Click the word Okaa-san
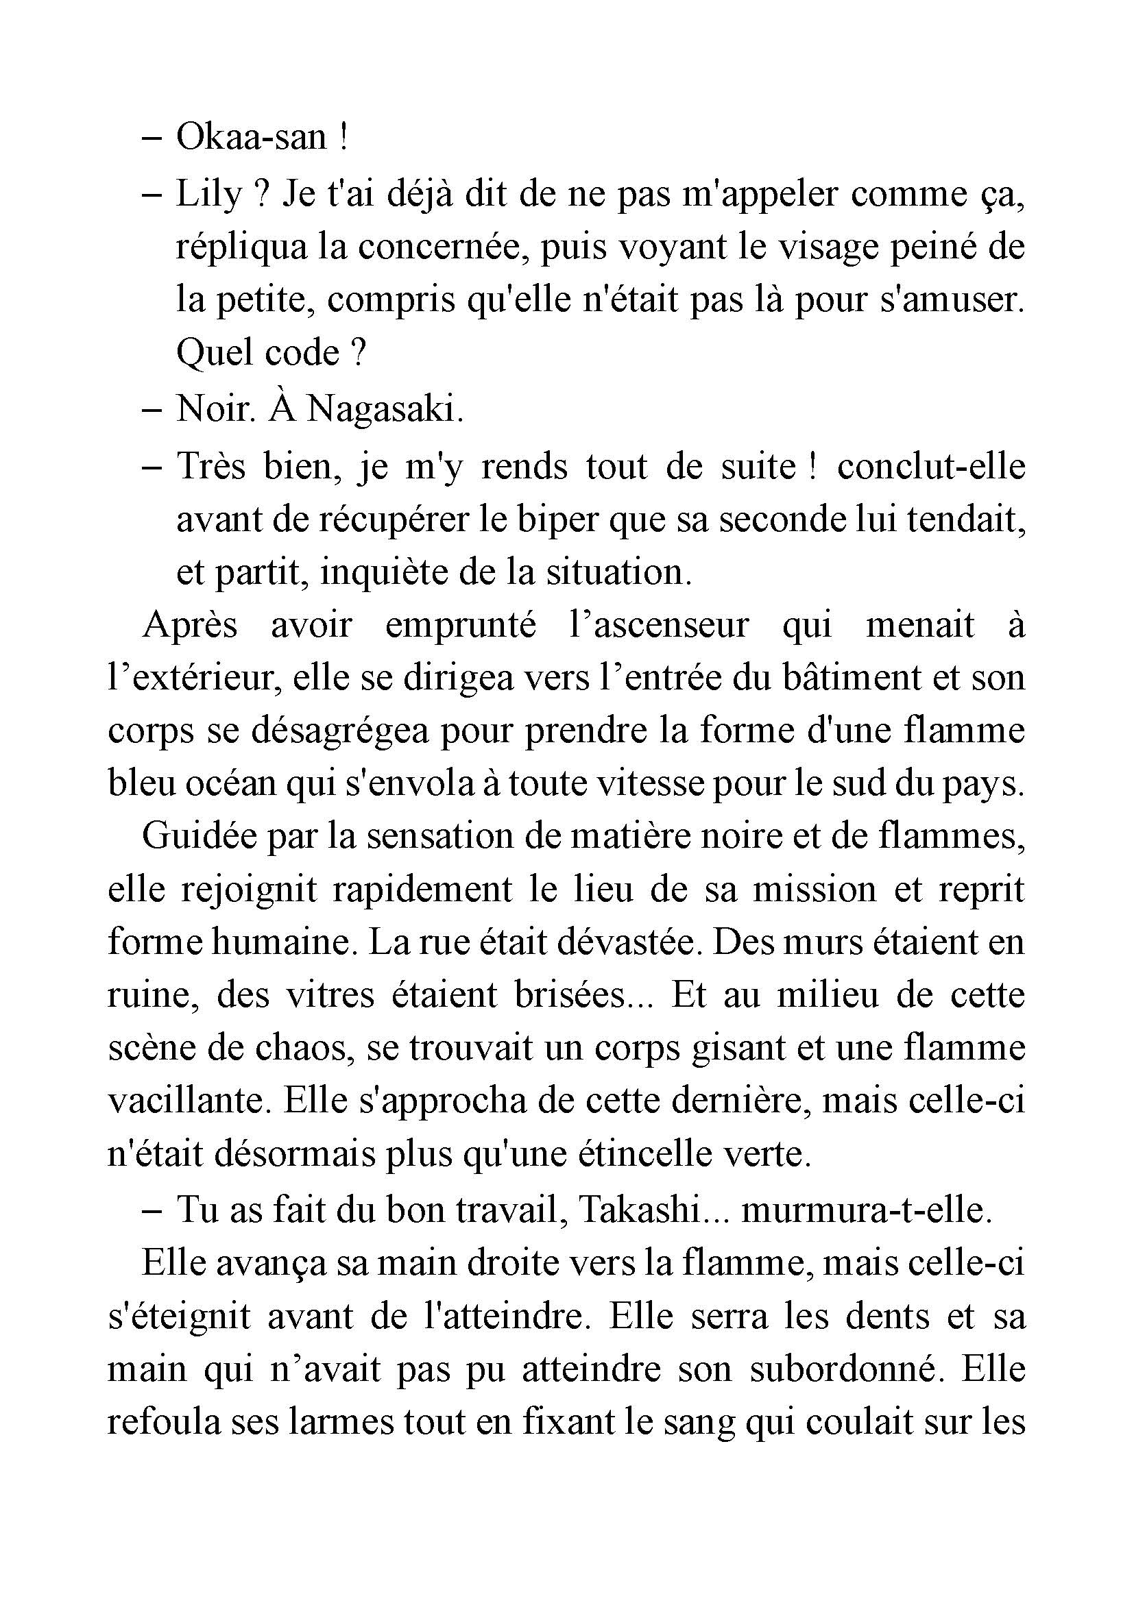(x=251, y=138)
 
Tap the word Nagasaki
(x=385, y=410)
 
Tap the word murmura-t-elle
(x=866, y=1210)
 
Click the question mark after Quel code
(x=357, y=353)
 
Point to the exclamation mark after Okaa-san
(x=341, y=138)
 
